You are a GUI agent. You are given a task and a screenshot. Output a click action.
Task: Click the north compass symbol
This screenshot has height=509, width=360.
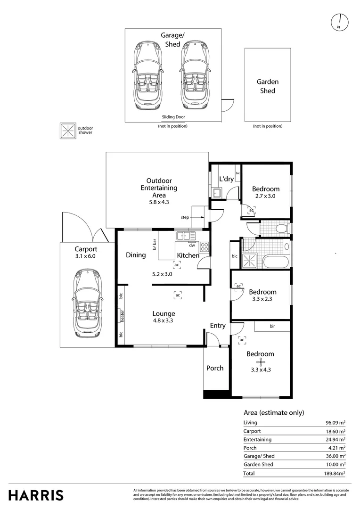339,23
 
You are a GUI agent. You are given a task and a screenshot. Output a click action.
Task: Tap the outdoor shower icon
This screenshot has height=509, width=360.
68,131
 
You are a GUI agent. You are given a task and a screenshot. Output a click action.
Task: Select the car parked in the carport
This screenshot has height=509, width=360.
88,303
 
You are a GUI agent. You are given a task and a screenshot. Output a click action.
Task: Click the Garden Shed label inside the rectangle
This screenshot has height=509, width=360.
268,86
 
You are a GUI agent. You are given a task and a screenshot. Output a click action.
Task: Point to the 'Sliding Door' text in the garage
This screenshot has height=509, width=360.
173,117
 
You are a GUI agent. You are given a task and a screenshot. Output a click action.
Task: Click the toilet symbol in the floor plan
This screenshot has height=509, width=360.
282,228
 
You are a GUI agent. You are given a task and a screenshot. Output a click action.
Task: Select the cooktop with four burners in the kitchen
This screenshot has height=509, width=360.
204,247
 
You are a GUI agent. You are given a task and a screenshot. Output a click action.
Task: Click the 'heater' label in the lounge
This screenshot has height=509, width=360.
123,316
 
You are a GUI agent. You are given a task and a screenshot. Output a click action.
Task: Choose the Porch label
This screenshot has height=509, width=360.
215,368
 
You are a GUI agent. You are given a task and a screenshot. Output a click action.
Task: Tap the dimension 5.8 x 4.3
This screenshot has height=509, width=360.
159,202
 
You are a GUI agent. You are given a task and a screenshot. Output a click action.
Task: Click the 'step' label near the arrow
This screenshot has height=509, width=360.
185,217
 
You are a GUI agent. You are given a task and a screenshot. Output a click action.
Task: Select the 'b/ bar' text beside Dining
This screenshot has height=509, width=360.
155,244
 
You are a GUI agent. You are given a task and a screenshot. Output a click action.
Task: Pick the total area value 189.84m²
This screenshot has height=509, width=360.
335,473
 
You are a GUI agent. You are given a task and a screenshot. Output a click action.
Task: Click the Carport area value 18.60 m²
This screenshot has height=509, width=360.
335,431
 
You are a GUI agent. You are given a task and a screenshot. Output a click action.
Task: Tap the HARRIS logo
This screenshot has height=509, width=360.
36,495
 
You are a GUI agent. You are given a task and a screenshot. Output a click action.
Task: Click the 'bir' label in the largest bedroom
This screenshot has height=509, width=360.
272,326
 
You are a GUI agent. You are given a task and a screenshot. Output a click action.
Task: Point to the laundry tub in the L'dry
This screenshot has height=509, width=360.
217,193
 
